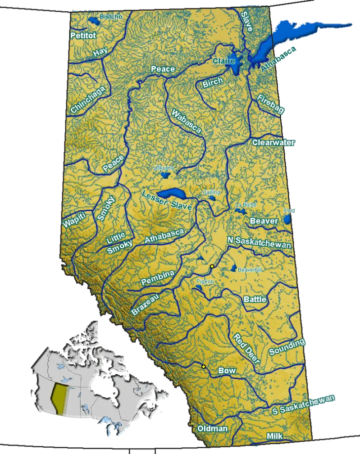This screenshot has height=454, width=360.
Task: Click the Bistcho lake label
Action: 111,17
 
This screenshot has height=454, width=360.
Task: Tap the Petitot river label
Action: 83,35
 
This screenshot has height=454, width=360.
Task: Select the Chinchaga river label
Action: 88,100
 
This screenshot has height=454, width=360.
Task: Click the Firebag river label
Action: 271,104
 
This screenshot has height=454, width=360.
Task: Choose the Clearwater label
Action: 273,143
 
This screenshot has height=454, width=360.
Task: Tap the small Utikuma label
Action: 163,168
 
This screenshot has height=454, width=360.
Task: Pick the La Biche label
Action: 246,205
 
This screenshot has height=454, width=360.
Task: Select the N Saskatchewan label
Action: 259,242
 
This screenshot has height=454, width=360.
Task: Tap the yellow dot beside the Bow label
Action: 204,367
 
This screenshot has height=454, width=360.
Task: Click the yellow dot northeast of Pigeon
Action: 212,267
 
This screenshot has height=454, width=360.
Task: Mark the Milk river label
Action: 274,436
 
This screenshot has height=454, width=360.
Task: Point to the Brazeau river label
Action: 146,305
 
